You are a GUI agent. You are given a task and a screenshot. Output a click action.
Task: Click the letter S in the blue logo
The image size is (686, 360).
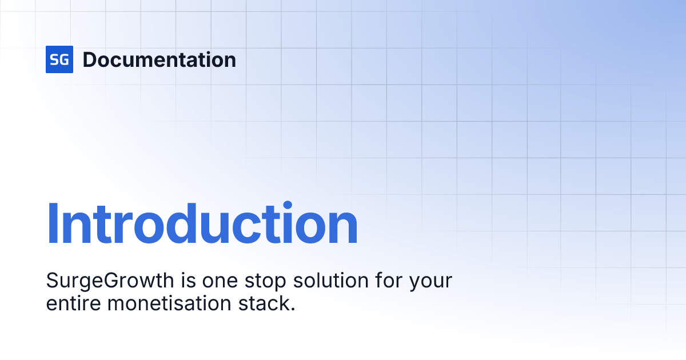pyautogui.click(x=55, y=60)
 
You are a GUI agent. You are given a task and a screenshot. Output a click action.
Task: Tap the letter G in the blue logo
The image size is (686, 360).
pyautogui.click(x=63, y=60)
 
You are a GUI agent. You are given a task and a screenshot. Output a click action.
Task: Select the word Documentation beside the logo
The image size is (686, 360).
pyautogui.click(x=159, y=60)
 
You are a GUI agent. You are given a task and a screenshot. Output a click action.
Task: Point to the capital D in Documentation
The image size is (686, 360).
pyautogui.click(x=89, y=60)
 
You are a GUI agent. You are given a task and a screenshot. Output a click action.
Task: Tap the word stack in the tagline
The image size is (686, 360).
pyautogui.click(x=264, y=303)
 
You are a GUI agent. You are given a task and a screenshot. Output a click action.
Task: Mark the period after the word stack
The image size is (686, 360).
pyautogui.click(x=293, y=309)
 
